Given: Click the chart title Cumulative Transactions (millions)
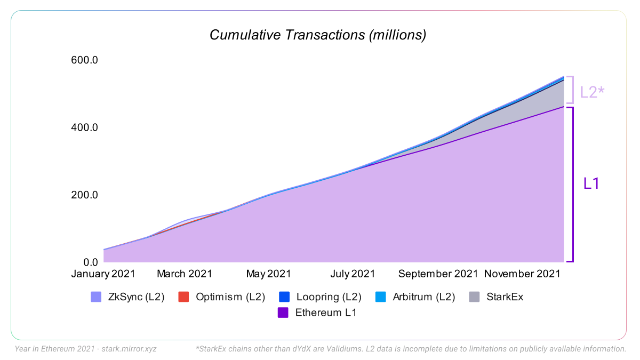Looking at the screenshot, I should tap(318, 35).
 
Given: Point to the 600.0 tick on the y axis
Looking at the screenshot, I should tap(85, 60).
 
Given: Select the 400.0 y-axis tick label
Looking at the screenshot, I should tap(85, 128).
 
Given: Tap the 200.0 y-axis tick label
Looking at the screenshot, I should tap(85, 195).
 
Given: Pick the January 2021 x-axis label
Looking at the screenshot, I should tap(103, 274).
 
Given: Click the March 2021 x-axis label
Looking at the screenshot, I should tap(185, 274).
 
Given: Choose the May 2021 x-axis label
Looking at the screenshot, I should tap(268, 274).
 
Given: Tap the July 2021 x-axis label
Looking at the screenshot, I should tap(353, 274).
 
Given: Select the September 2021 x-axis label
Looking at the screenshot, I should tap(438, 274).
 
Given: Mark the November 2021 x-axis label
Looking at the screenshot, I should tap(522, 274).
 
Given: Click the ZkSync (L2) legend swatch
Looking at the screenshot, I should tap(96, 297).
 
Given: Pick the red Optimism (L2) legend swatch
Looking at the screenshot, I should tap(183, 297).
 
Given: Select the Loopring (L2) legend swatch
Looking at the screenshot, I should tap(285, 297).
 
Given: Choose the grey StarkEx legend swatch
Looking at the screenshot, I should tap(475, 297).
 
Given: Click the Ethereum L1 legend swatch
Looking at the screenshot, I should tap(284, 313).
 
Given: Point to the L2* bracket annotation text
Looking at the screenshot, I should tap(592, 92).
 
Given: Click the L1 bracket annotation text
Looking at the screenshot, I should tap(591, 183).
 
